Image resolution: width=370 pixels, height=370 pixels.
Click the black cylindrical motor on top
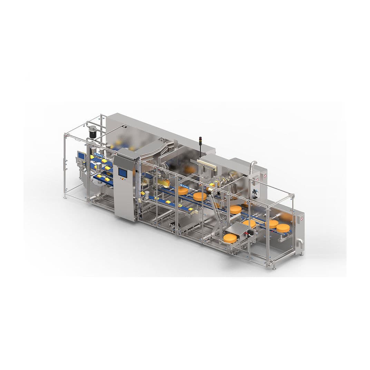tap(92, 132)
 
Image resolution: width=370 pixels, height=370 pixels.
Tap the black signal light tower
tap(200, 144)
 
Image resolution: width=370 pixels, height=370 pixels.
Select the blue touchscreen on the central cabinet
tap(123, 172)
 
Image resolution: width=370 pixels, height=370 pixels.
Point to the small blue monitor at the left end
tap(81, 156)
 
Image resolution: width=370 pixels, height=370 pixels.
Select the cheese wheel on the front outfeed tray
tap(230, 238)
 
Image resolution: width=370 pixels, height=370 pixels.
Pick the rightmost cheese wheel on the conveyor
tap(283, 227)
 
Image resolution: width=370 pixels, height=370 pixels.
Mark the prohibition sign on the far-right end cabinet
tap(302, 218)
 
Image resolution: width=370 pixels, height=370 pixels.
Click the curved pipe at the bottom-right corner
tap(300, 244)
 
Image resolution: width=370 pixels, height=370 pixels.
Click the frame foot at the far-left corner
tap(65, 197)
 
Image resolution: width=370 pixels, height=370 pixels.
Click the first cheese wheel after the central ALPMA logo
tap(184, 191)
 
